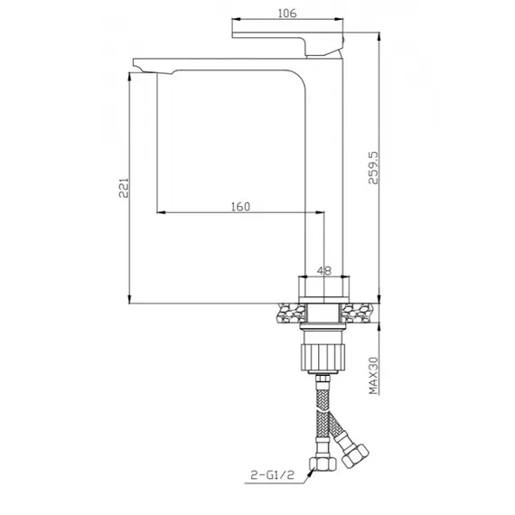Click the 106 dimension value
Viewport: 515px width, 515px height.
coord(288,12)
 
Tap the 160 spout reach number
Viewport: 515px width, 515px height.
coord(240,205)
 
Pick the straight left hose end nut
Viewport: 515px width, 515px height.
coord(323,466)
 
